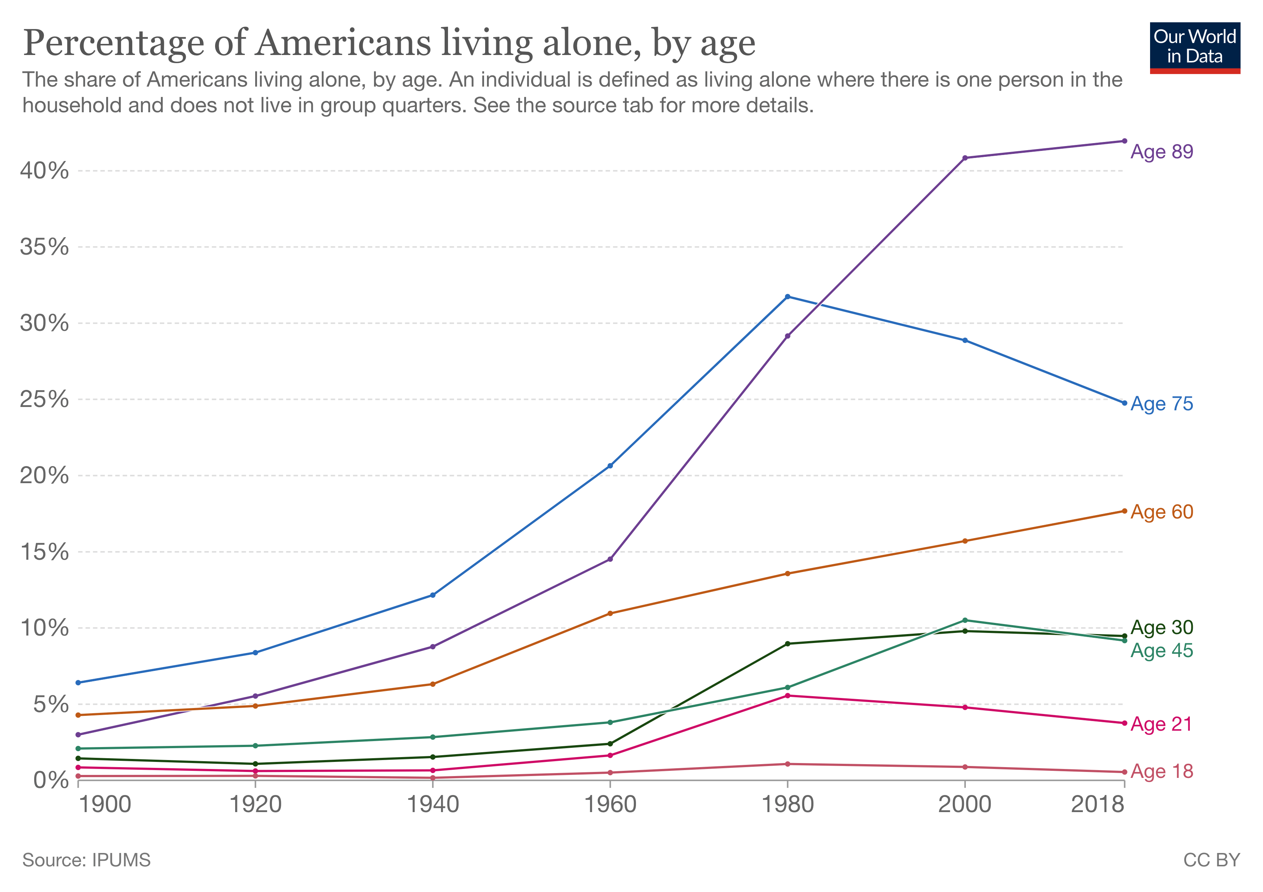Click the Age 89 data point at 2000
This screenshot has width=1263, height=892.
[x=965, y=158]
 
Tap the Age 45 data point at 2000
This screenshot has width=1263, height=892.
[x=965, y=621]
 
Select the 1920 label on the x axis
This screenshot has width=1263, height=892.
[x=255, y=805]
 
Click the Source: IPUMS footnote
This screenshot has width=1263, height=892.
[x=86, y=860]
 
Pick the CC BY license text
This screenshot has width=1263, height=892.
[x=1211, y=860]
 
